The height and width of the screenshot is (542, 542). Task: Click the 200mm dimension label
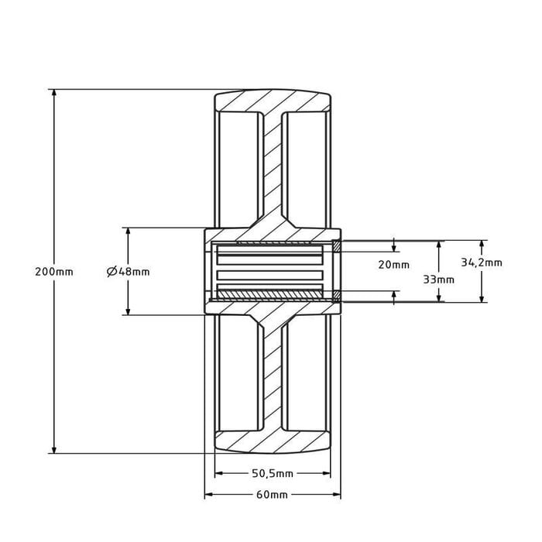(54, 272)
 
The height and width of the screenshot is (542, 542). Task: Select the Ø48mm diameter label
(128, 272)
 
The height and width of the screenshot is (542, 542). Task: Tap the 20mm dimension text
(393, 265)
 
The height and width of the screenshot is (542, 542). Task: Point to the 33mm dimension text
(439, 280)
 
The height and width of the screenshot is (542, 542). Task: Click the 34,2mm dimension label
(482, 262)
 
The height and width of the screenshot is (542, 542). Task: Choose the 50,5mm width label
(273, 473)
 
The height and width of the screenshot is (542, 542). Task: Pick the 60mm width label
(272, 495)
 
